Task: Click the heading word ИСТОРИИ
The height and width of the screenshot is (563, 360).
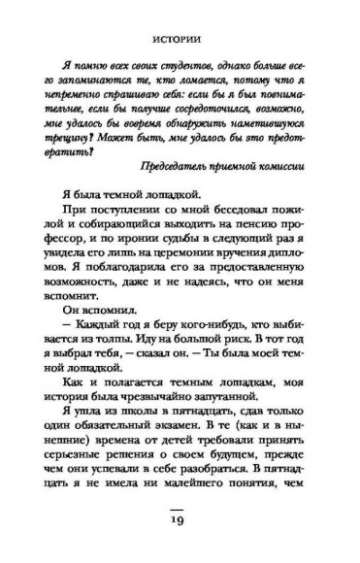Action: pos(179,42)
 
